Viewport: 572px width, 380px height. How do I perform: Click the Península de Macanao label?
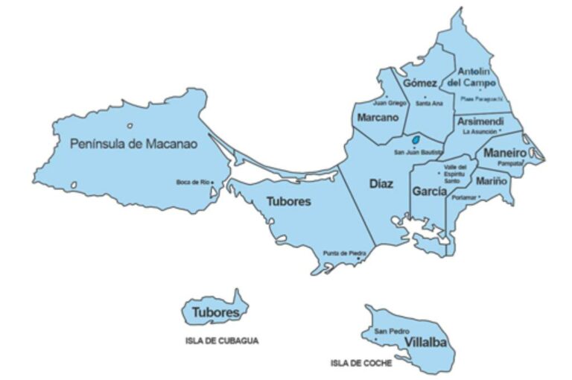(x=133, y=144)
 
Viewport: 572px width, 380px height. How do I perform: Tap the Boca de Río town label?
(x=193, y=182)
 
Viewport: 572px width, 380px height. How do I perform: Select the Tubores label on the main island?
(x=288, y=201)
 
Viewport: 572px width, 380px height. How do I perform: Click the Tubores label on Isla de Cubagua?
(x=215, y=312)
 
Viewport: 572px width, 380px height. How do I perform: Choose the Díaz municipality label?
(x=381, y=183)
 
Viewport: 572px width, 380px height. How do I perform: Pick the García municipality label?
(x=429, y=191)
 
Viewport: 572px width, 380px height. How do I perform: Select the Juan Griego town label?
(x=390, y=103)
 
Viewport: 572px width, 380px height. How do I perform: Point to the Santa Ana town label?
(x=429, y=104)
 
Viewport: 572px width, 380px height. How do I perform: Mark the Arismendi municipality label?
(x=480, y=121)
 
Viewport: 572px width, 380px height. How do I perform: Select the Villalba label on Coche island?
(x=425, y=342)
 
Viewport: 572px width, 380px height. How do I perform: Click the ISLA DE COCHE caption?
(x=361, y=364)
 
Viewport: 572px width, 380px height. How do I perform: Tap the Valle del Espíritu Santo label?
(x=454, y=173)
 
